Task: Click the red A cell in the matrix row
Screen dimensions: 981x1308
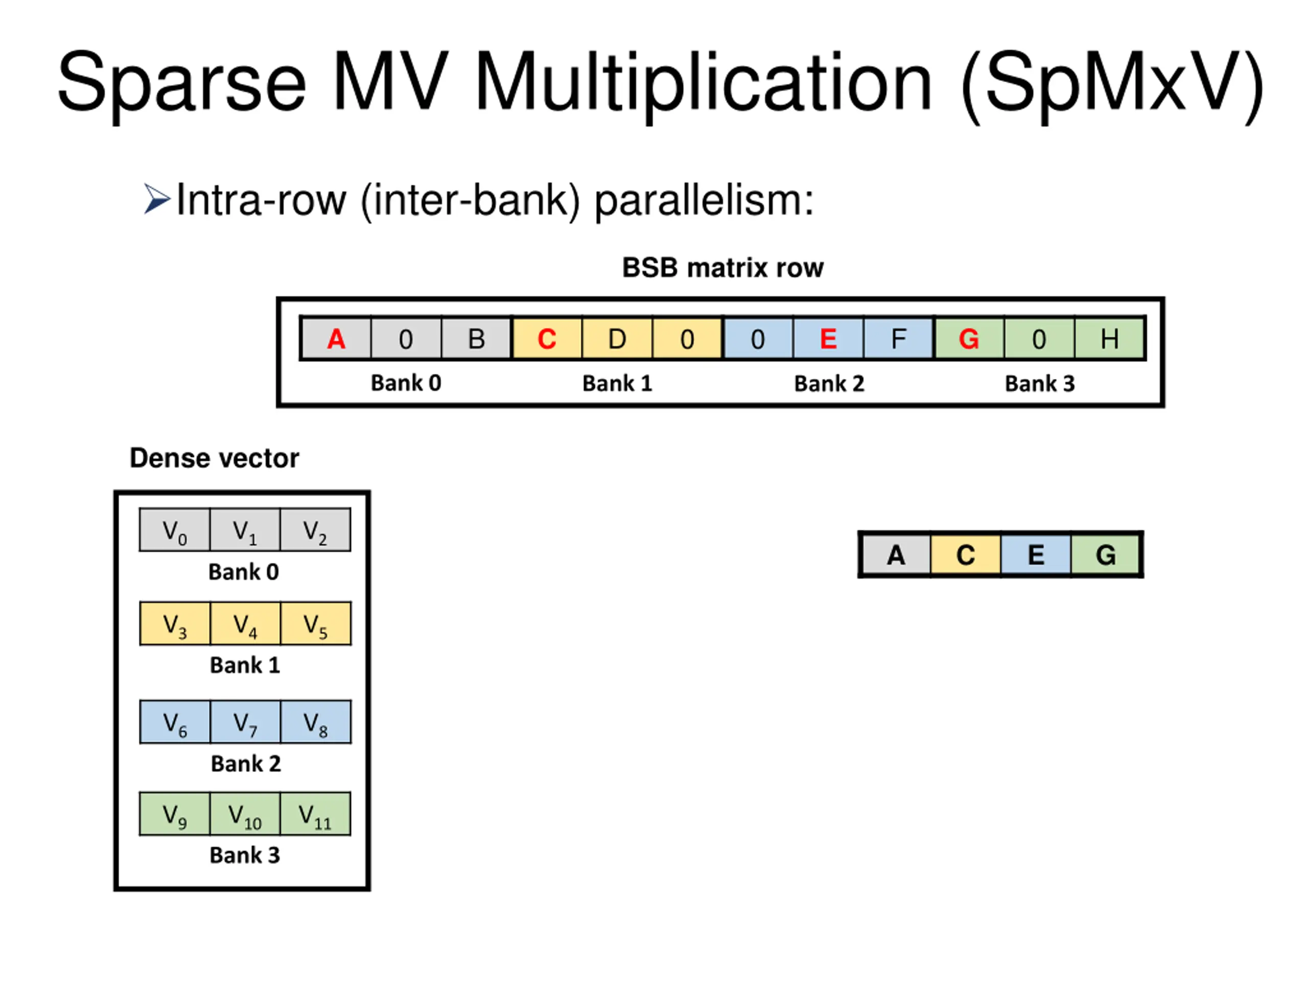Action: pyautogui.click(x=336, y=339)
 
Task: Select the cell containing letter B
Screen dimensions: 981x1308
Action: pyautogui.click(x=476, y=339)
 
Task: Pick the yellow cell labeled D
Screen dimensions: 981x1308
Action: pyautogui.click(x=617, y=339)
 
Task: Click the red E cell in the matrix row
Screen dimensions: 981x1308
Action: pyautogui.click(x=828, y=339)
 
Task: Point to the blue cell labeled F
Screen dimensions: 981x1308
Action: pyautogui.click(x=898, y=339)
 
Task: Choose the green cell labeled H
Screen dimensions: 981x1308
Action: pyautogui.click(x=1109, y=339)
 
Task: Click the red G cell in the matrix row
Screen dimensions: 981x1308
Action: pyautogui.click(x=969, y=339)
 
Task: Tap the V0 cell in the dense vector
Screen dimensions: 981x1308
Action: pyautogui.click(x=174, y=530)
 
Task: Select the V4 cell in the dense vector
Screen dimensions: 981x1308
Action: pyautogui.click(x=245, y=624)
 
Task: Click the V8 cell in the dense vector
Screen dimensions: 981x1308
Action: pyautogui.click(x=315, y=722)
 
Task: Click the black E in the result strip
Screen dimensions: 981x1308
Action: pyautogui.click(x=1035, y=555)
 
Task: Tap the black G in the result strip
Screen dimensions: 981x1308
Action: pyautogui.click(x=1106, y=555)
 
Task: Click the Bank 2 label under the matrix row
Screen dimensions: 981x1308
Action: pyautogui.click(x=829, y=384)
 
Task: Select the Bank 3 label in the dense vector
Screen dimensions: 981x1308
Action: pyautogui.click(x=245, y=855)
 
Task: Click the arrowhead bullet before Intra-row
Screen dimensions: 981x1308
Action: pyautogui.click(x=157, y=199)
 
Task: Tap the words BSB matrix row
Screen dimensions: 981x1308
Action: pyautogui.click(x=722, y=268)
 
